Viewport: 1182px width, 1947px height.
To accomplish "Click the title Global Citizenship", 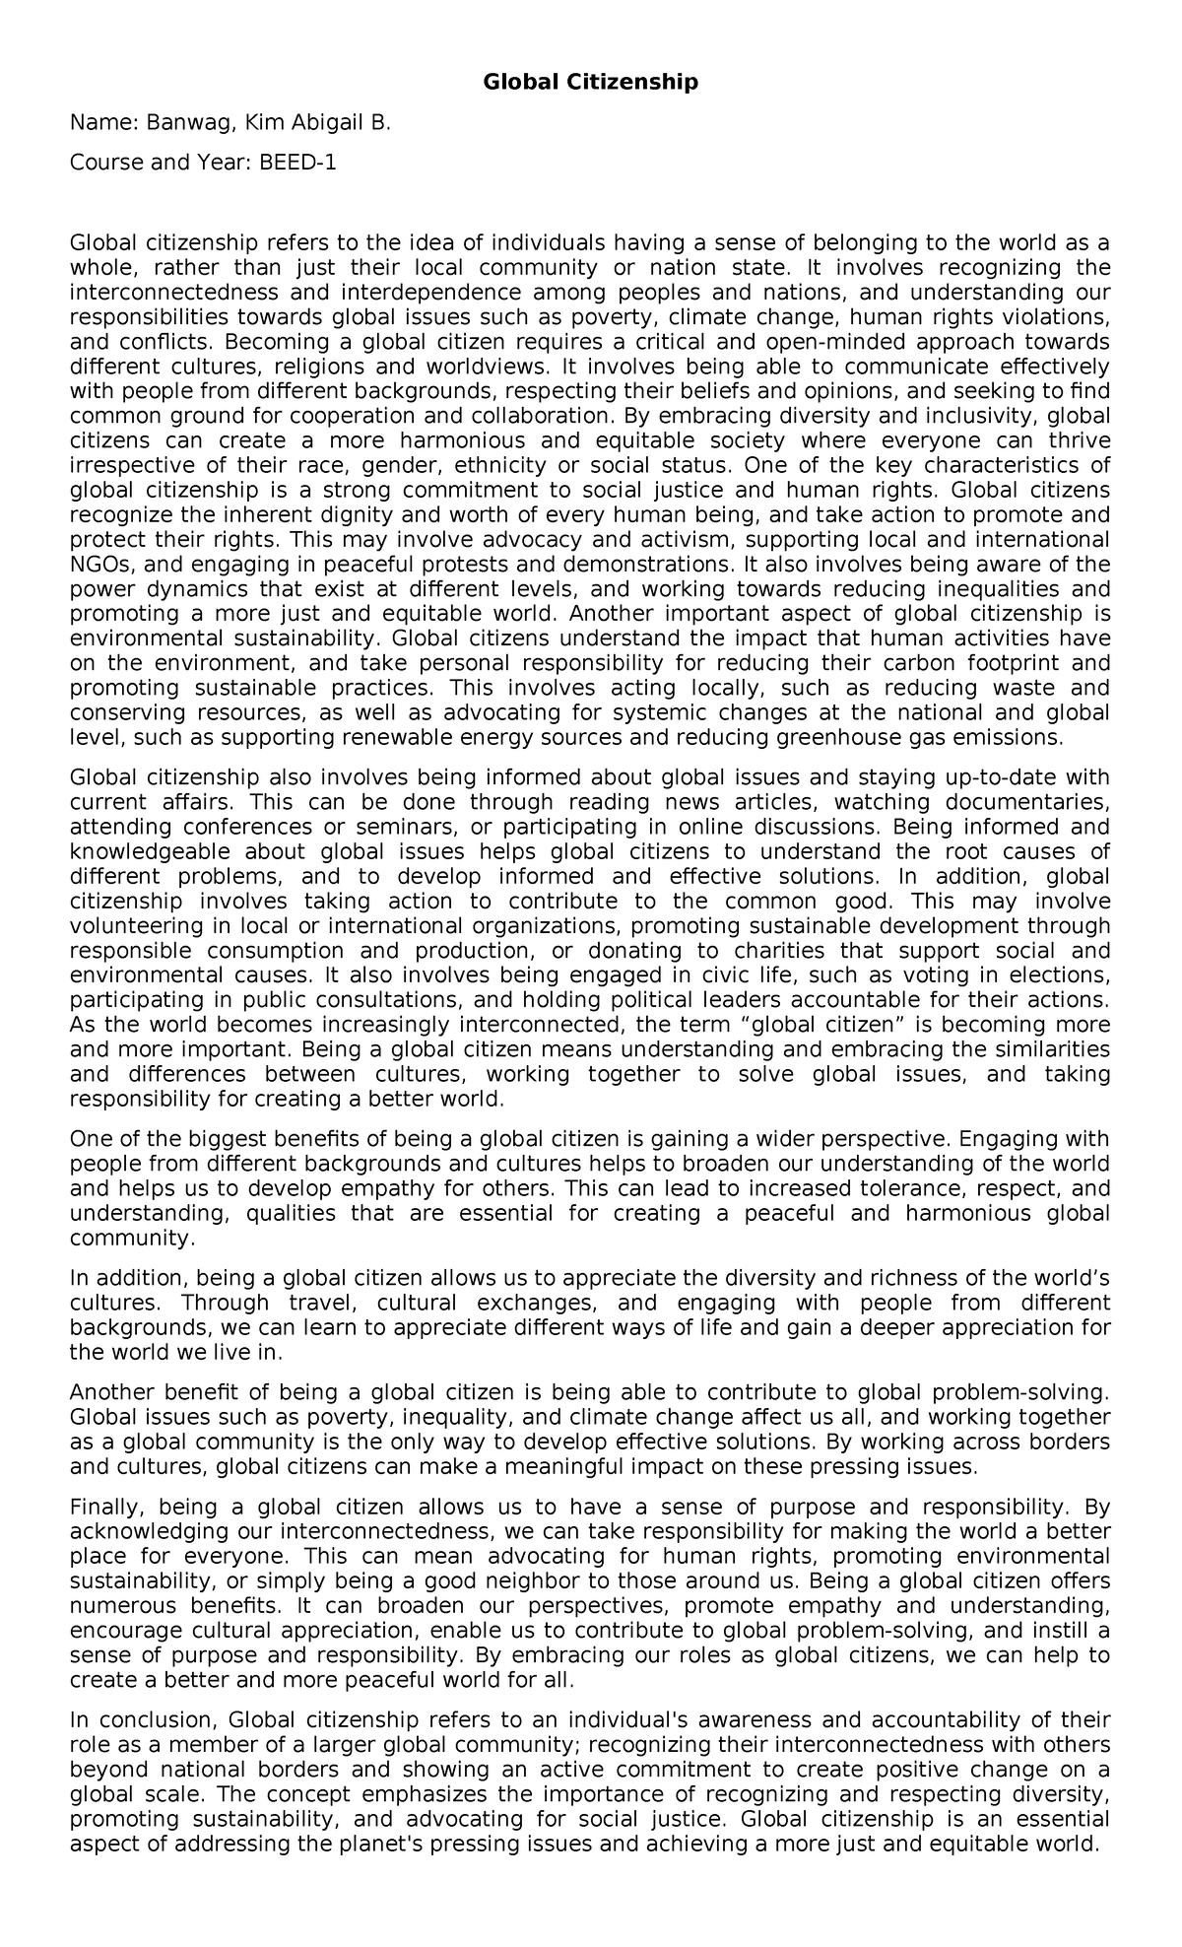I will (x=590, y=82).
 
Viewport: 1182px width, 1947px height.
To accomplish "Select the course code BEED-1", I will (x=297, y=163).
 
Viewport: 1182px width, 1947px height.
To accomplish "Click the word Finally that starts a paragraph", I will (x=106, y=1508).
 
